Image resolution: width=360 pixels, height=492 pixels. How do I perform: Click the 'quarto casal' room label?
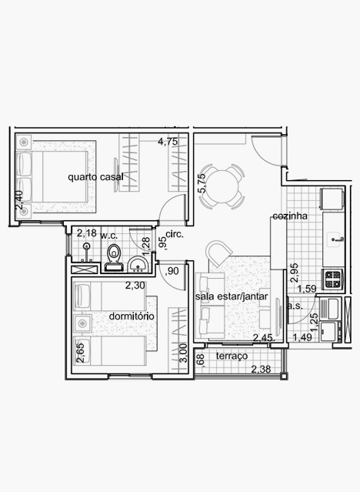pos(95,177)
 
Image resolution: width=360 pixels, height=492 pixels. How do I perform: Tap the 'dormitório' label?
pos(132,316)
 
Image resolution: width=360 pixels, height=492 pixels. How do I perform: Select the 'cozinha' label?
pos(290,216)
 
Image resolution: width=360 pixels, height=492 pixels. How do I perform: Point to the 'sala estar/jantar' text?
pos(232,296)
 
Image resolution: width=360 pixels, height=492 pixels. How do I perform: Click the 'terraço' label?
pos(232,356)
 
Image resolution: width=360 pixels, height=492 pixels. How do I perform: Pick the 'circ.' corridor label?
pos(175,234)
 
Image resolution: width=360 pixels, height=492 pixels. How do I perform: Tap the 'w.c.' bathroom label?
pos(108,236)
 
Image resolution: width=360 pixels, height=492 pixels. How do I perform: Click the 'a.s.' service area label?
pos(295,306)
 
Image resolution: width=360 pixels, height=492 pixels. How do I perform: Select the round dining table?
pos(222,186)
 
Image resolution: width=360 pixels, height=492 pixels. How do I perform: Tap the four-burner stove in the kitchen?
pos(333,279)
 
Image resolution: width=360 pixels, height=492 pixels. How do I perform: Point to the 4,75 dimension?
pos(168,142)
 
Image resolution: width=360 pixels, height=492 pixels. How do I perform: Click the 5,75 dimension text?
pos(202,183)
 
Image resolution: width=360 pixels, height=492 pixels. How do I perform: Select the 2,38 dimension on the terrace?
pos(262,369)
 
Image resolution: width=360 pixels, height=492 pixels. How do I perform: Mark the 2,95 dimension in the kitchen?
pos(294,273)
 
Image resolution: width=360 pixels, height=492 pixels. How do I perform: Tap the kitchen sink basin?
pos(335,239)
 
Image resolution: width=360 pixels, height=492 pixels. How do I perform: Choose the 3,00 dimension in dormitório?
pos(184,353)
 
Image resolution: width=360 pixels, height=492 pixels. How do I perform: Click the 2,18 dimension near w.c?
pos(87,233)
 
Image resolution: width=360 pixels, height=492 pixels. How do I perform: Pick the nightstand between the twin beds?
pos(82,323)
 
